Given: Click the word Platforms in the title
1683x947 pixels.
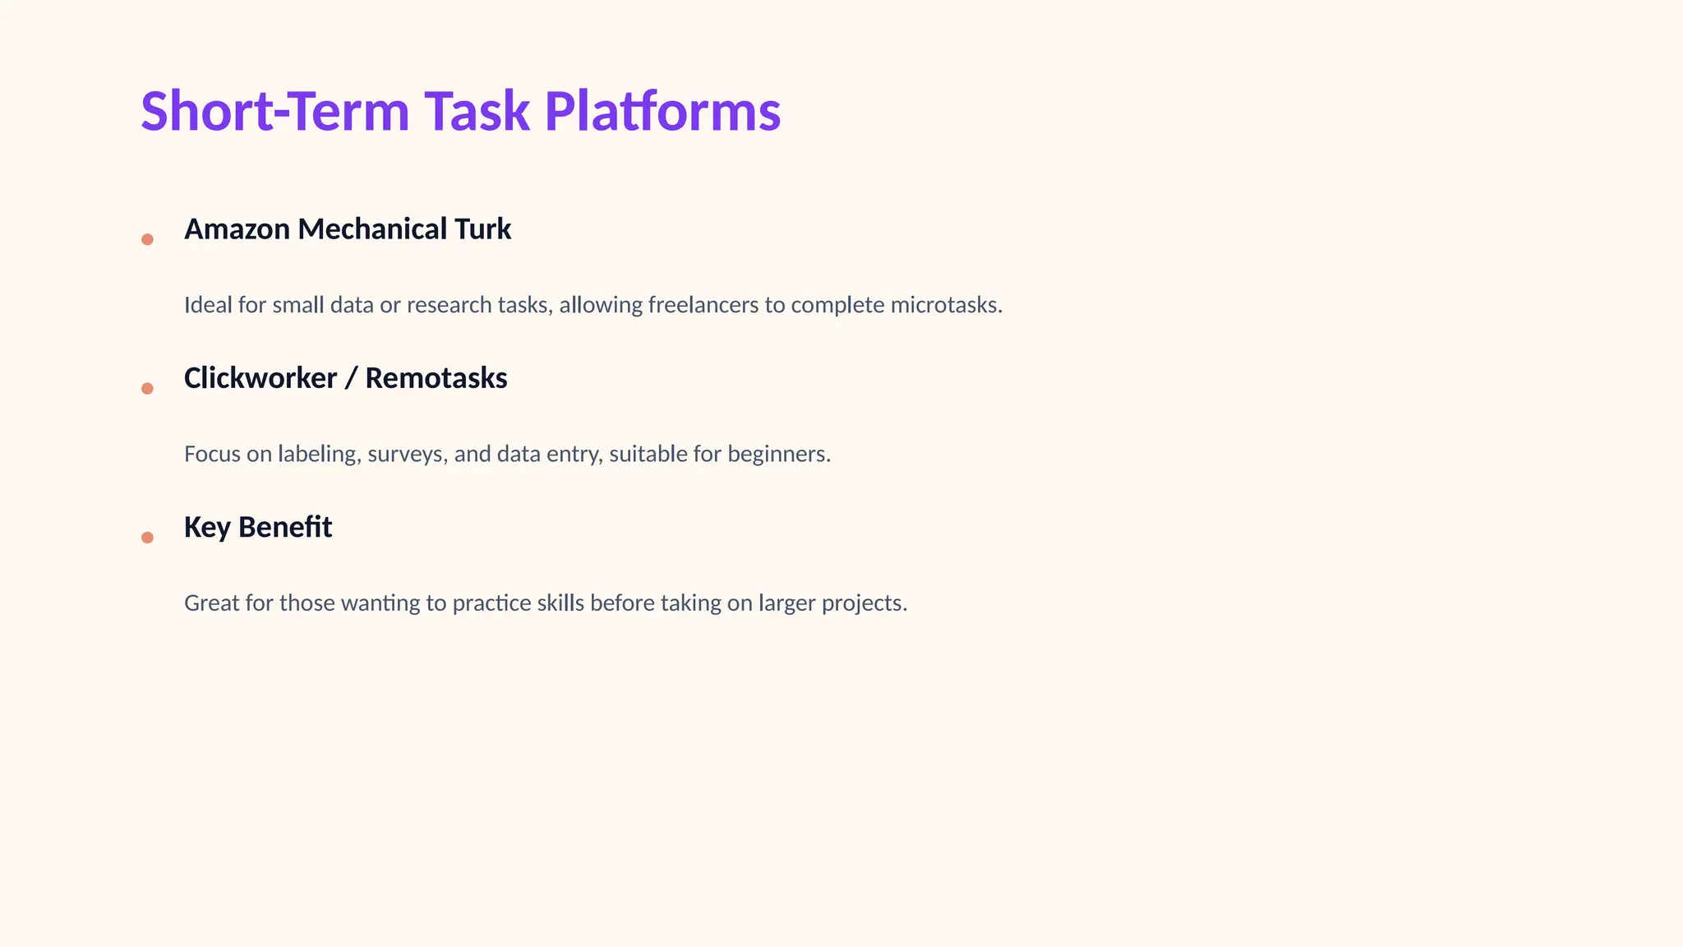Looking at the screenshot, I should click(662, 111).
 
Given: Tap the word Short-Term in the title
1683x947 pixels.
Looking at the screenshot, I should click(274, 111).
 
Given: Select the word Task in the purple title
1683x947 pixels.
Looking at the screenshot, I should click(477, 111).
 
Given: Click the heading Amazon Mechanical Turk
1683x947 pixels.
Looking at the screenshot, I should click(347, 229).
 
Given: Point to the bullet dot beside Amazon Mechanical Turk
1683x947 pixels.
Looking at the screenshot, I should click(147, 239).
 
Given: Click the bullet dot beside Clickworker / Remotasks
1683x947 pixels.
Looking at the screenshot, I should click(147, 388).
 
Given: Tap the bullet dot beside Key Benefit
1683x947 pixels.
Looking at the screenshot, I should click(147, 538).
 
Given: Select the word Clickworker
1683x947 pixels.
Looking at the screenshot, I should click(260, 378).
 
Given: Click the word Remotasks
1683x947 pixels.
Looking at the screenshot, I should click(436, 378).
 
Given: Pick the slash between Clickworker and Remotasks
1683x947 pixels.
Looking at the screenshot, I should click(351, 378).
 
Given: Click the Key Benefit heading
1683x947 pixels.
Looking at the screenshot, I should click(257, 527).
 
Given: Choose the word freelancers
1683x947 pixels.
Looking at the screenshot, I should click(703, 305).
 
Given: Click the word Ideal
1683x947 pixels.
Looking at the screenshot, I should click(208, 305).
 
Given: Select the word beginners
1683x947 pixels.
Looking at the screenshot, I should click(778, 454).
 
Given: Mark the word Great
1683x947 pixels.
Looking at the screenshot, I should click(211, 603).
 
